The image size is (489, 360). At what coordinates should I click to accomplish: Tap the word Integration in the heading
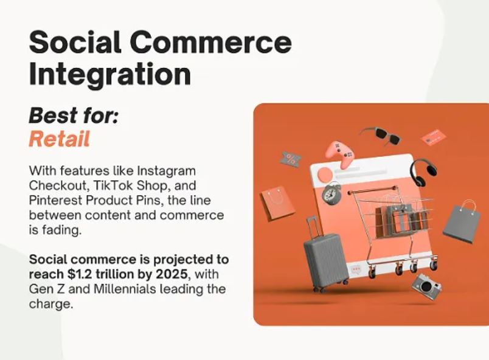click(x=109, y=75)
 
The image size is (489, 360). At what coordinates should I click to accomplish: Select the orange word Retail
click(x=59, y=139)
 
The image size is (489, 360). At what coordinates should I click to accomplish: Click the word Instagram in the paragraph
click(x=166, y=171)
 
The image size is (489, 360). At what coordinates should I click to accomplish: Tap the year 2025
click(x=172, y=274)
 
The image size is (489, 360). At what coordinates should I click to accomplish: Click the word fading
click(x=62, y=230)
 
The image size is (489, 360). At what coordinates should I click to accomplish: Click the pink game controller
click(x=339, y=154)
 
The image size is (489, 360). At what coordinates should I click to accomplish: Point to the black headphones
click(x=423, y=172)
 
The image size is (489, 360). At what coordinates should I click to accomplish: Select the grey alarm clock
click(x=331, y=193)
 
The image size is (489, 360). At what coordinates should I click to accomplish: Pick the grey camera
click(x=426, y=286)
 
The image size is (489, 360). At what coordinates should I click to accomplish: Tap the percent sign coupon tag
click(x=291, y=159)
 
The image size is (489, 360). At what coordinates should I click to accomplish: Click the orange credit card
click(x=434, y=137)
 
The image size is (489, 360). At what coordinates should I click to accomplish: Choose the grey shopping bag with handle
click(x=460, y=222)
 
